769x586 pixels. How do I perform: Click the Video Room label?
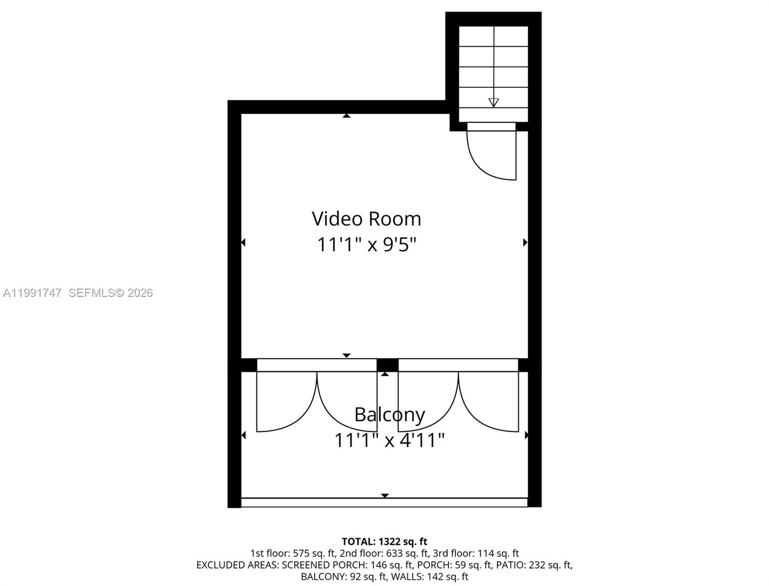[x=366, y=219]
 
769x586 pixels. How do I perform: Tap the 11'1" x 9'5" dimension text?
[x=366, y=244]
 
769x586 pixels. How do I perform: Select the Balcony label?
[x=389, y=415]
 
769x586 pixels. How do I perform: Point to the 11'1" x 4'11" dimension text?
[x=389, y=440]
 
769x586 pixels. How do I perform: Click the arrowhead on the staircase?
[x=493, y=103]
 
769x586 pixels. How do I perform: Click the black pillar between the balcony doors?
[x=387, y=365]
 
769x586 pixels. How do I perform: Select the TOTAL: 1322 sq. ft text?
[x=384, y=542]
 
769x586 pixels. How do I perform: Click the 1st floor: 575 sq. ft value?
[x=292, y=553]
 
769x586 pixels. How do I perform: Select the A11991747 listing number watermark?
[x=32, y=293]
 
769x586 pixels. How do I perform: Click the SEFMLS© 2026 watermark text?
[x=110, y=293]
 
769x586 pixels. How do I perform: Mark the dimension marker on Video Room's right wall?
[x=525, y=242]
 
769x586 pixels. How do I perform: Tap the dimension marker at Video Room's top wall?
[x=346, y=116]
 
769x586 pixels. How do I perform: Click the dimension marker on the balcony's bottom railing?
[x=385, y=495]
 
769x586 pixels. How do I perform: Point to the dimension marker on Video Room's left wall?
[x=243, y=242]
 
